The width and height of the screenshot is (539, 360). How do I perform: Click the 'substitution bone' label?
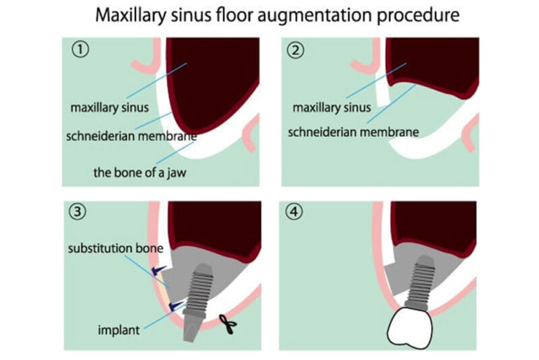tap(115, 249)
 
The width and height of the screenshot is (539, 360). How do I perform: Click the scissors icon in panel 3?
tap(230, 327)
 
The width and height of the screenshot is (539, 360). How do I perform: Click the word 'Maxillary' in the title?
tap(127, 14)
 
